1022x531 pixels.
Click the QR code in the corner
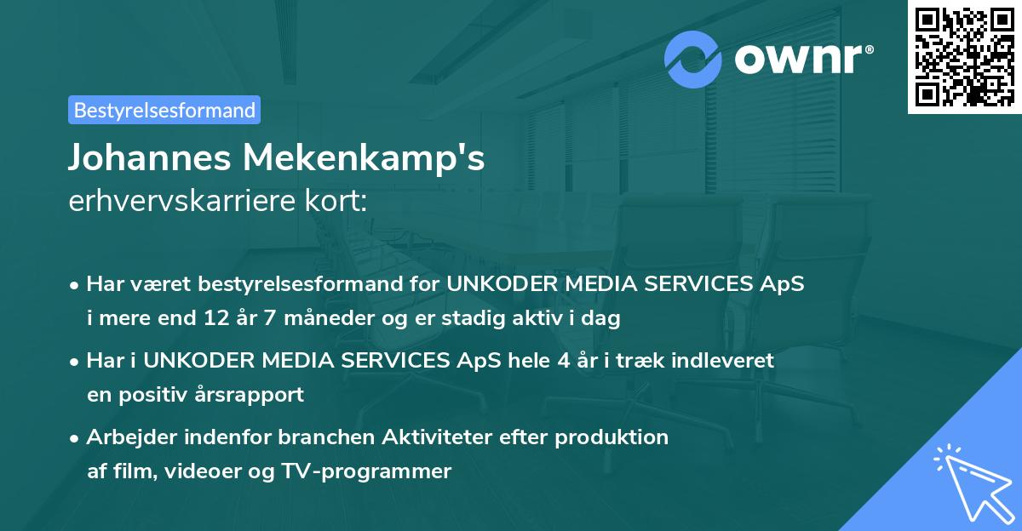(x=964, y=56)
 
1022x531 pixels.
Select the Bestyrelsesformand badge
(x=164, y=110)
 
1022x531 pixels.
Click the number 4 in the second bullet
(x=564, y=360)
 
